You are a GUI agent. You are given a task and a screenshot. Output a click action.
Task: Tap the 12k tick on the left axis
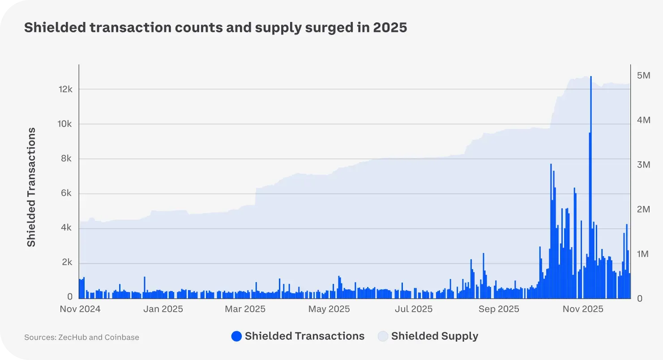point(65,90)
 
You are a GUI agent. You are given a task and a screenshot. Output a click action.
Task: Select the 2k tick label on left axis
point(66,263)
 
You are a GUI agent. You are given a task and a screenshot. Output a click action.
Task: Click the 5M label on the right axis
point(643,76)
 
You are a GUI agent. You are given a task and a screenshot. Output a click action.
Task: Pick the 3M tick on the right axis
point(643,165)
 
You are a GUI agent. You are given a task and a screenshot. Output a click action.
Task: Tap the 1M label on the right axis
point(643,254)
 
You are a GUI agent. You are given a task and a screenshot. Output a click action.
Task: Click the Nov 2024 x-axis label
point(80,309)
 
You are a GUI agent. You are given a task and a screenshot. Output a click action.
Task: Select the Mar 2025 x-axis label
point(245,309)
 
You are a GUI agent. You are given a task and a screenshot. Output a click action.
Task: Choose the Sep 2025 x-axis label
point(499,309)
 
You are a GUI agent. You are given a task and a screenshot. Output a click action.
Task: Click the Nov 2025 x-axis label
point(583,309)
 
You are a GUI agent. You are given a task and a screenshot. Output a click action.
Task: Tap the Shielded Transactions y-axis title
point(31,187)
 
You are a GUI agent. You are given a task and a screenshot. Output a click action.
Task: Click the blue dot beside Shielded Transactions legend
point(236,336)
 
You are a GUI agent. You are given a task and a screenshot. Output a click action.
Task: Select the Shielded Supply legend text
point(434,336)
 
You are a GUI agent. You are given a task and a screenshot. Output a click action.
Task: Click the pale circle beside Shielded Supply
point(383,336)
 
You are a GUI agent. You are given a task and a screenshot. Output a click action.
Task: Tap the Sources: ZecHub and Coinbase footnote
point(81,337)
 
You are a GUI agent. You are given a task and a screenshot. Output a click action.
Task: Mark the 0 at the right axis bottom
point(639,298)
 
